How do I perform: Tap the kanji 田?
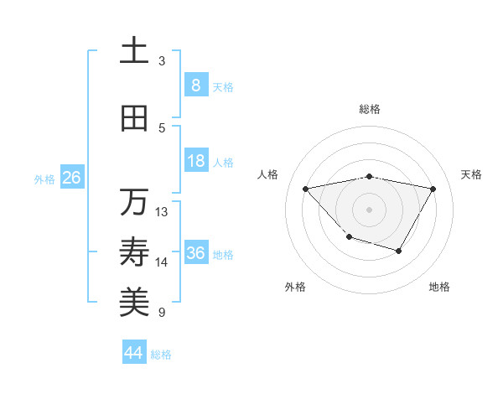[x=134, y=119]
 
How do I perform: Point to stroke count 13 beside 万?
[x=162, y=212]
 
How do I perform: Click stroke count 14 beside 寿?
[x=162, y=262]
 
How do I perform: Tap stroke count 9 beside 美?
[x=162, y=313]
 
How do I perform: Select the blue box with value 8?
[x=195, y=85]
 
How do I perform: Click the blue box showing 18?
[x=195, y=161]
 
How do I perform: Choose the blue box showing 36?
[x=195, y=253]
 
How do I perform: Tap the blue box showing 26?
[x=71, y=178]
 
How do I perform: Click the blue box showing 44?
[x=133, y=353]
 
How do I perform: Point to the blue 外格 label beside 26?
[x=44, y=179]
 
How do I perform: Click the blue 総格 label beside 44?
[x=161, y=354]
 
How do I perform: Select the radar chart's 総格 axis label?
[x=369, y=109]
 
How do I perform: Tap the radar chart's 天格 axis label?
[x=471, y=174]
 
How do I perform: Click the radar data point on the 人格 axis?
[x=306, y=189]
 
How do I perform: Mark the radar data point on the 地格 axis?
[x=399, y=251]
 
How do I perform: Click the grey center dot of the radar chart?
[x=369, y=209]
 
